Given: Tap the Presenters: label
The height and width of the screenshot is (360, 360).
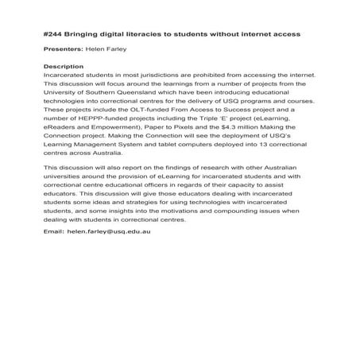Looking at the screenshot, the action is (64, 49).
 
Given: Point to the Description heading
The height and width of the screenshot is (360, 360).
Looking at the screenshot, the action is (63, 66).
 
